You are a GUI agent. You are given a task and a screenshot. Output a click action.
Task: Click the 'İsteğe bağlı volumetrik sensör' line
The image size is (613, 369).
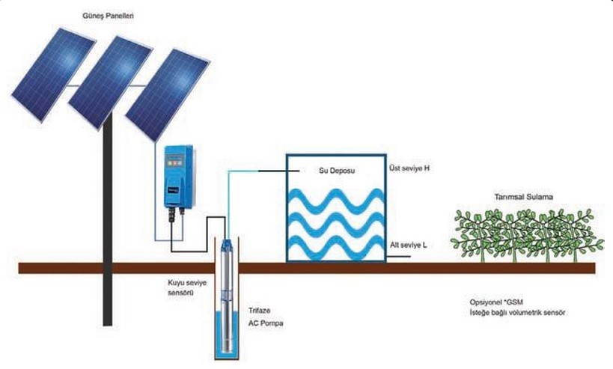(513, 313)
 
